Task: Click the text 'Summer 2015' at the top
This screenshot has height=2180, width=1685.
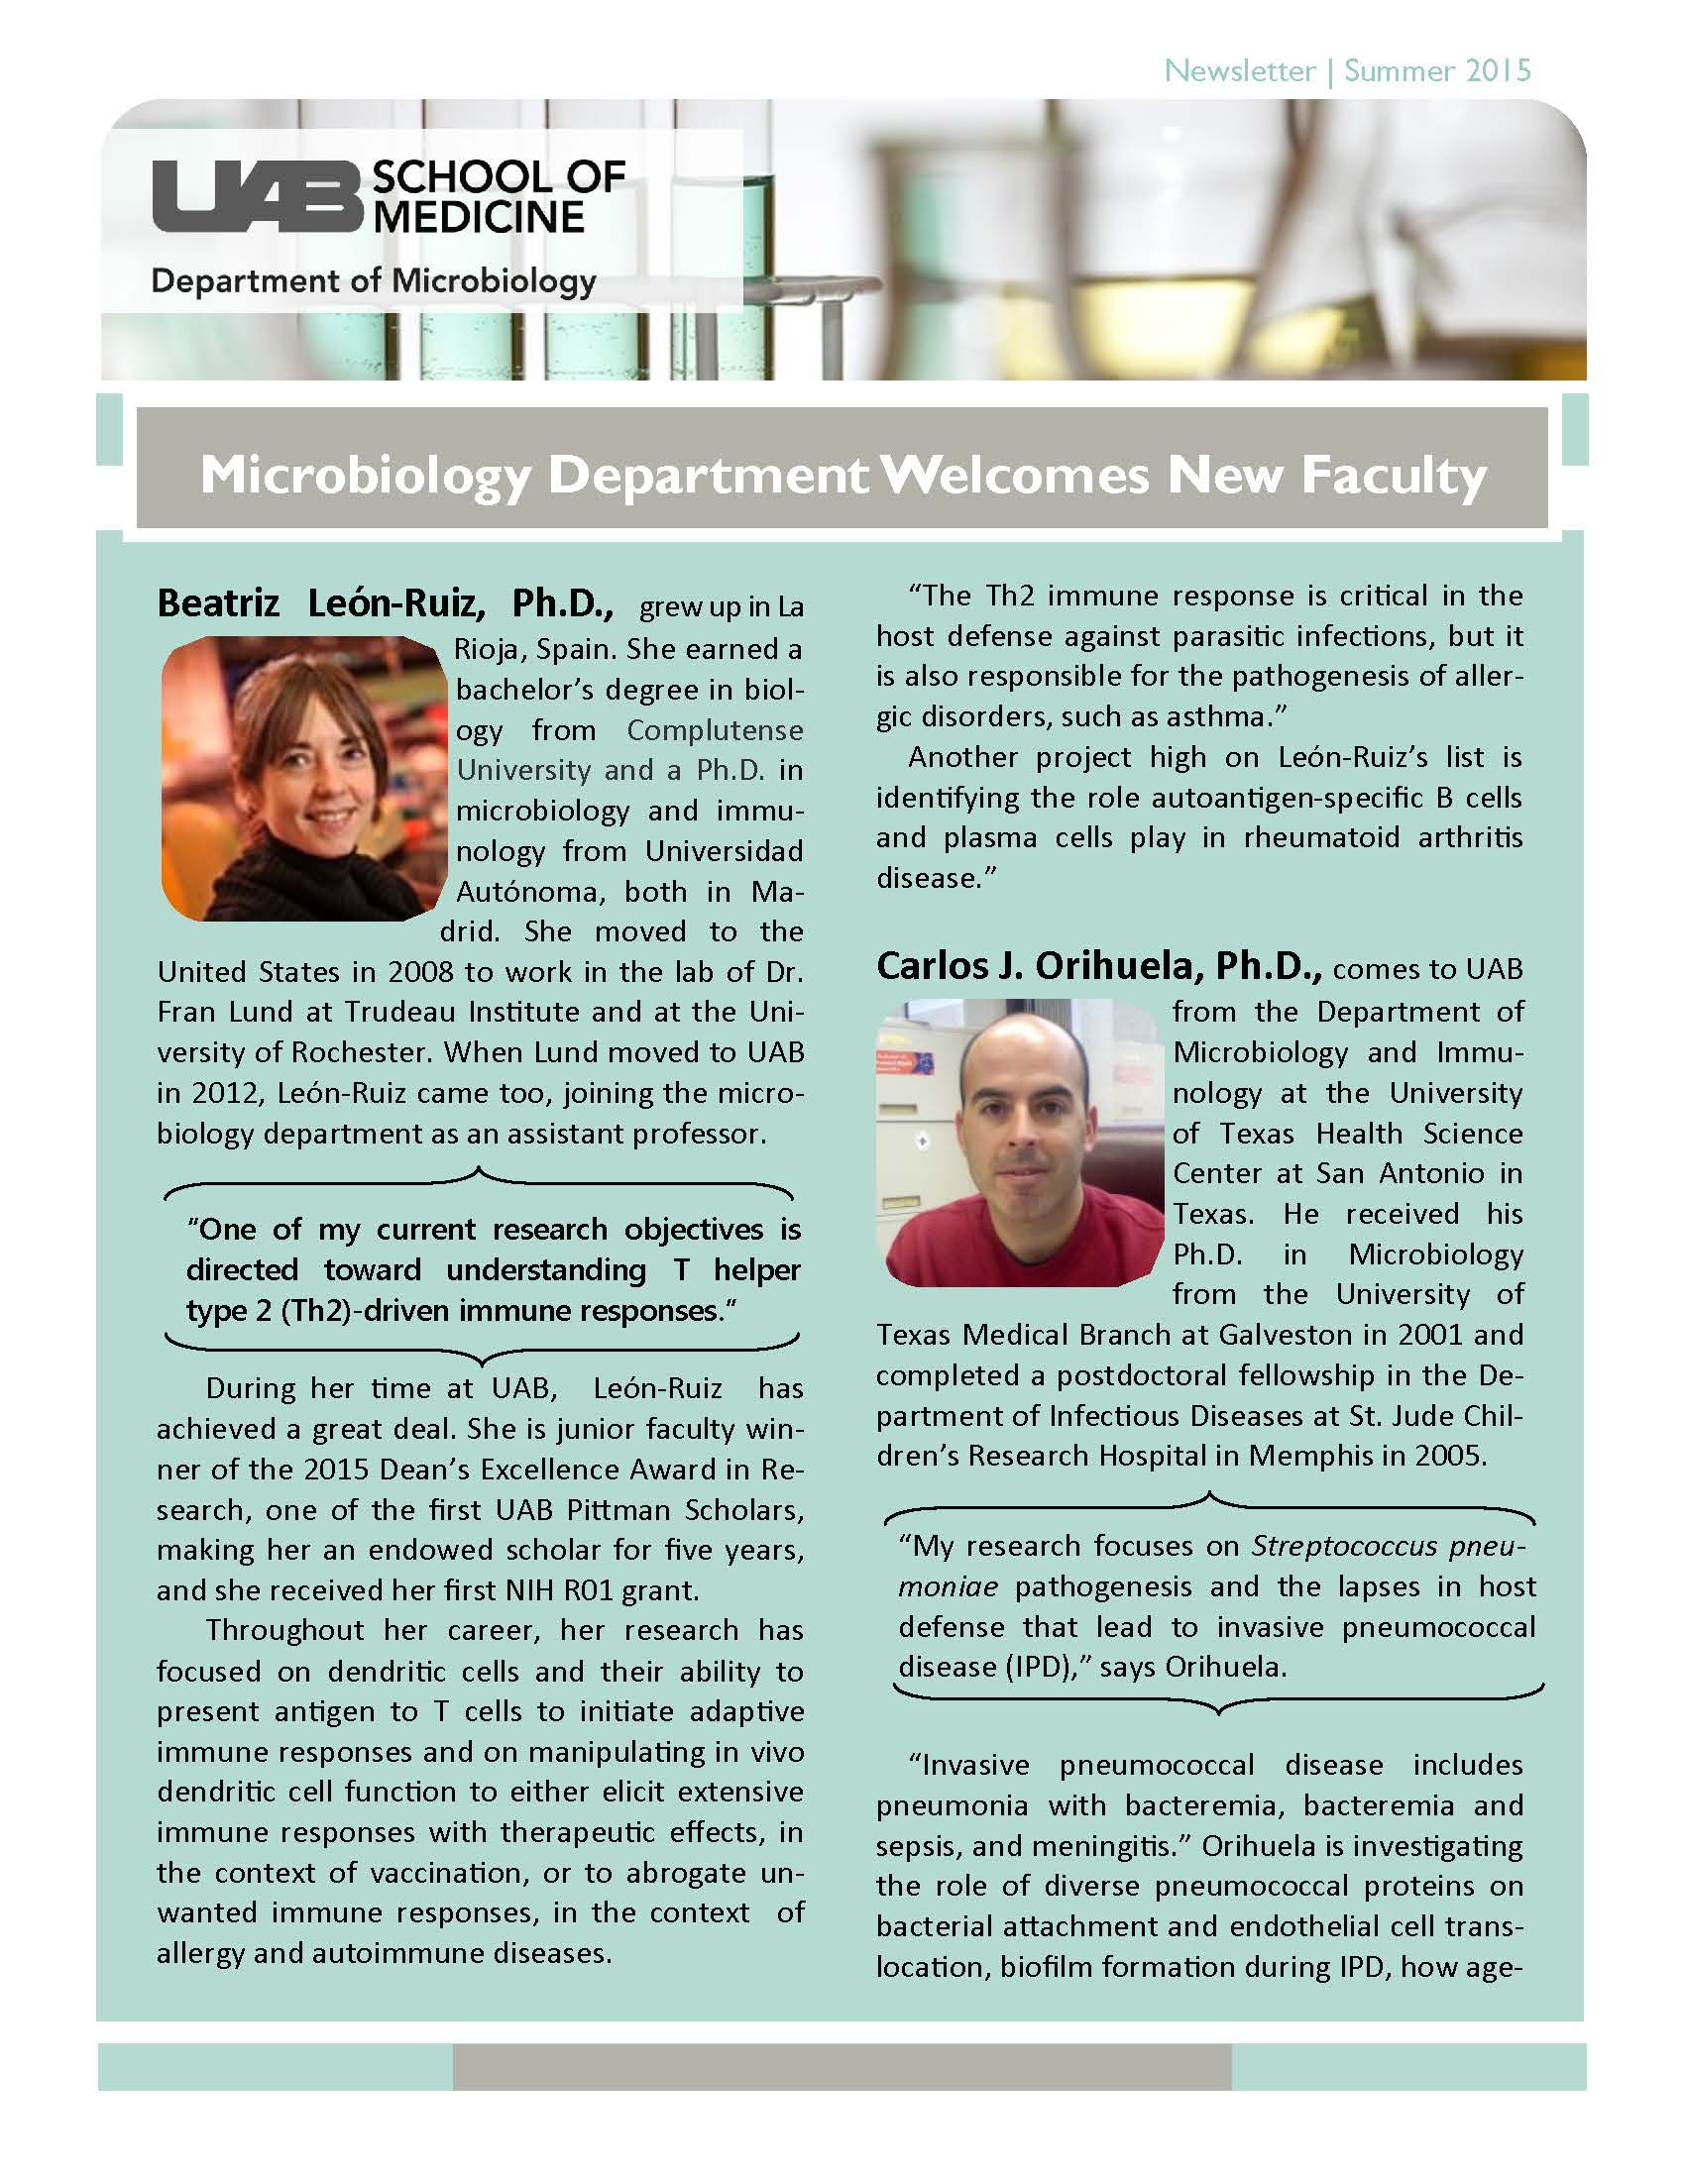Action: (1436, 71)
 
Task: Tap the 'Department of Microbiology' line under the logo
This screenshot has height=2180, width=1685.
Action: (374, 280)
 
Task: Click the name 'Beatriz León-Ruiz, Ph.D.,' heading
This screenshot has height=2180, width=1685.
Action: (385, 602)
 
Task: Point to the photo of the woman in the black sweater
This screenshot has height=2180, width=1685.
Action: (303, 778)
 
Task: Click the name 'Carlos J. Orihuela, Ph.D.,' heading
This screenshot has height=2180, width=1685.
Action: (1099, 965)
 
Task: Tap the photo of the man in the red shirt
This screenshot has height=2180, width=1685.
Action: (1020, 1143)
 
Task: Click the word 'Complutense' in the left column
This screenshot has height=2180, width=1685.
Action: (714, 729)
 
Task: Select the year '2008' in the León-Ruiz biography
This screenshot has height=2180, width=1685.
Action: (422, 971)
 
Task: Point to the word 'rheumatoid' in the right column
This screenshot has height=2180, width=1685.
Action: (1321, 836)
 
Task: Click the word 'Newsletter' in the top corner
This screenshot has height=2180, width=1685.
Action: (1240, 71)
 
